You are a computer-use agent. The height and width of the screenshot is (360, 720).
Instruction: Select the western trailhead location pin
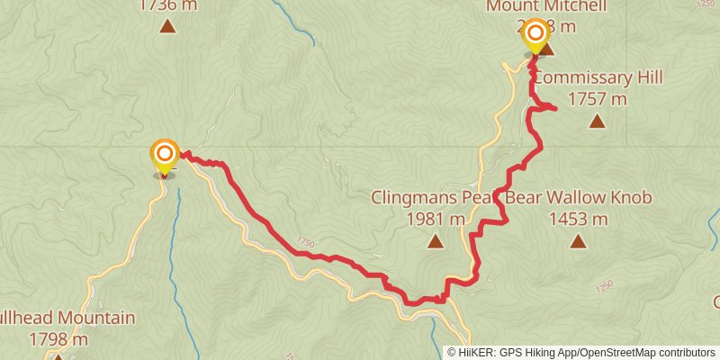click(x=164, y=155)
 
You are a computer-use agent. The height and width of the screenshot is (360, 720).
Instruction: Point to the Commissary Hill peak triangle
click(x=596, y=120)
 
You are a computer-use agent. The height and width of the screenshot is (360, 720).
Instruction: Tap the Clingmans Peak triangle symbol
click(x=436, y=240)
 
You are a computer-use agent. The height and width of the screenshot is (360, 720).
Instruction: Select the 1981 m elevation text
click(x=436, y=219)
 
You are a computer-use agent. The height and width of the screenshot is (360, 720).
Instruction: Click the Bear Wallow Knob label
click(x=578, y=198)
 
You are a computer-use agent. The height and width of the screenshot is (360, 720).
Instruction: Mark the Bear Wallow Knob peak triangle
click(x=577, y=240)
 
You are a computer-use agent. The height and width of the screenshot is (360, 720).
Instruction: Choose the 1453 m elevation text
click(x=577, y=219)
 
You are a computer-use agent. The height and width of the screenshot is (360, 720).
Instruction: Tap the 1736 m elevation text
click(x=167, y=4)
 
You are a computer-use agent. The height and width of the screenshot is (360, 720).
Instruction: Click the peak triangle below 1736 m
click(x=167, y=26)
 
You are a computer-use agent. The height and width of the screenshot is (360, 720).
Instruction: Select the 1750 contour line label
click(x=305, y=243)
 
